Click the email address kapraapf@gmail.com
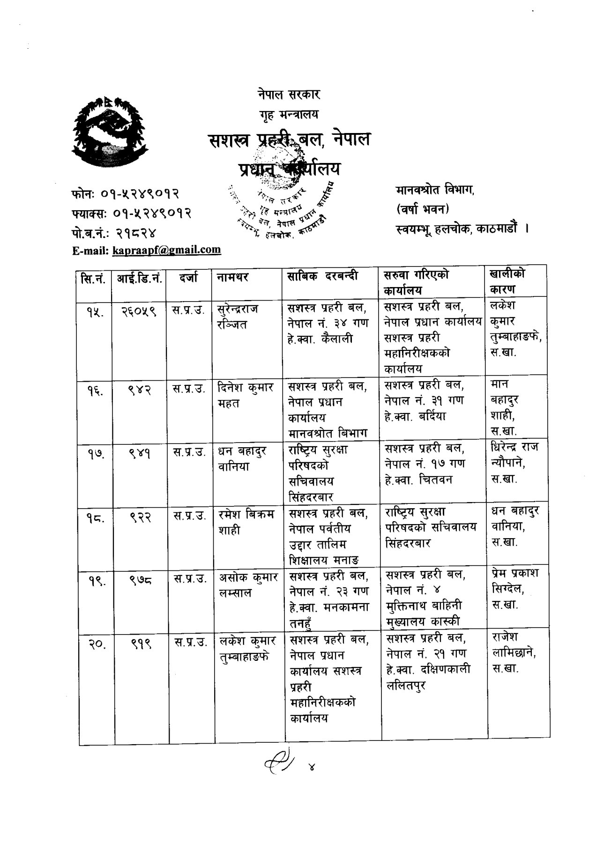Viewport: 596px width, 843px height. point(166,250)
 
